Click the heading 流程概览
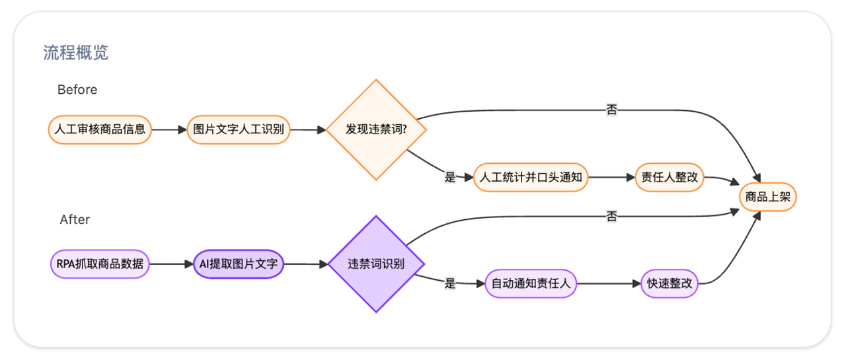click(76, 53)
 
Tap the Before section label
click(77, 90)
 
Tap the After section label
click(75, 219)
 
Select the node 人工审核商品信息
click(100, 129)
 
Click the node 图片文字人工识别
click(239, 129)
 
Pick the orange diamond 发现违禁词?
click(376, 129)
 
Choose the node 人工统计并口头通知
click(531, 178)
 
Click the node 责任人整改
click(670, 178)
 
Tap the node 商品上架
click(767, 197)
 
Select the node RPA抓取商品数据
click(100, 264)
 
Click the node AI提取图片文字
click(239, 264)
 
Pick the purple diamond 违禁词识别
click(376, 264)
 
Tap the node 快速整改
click(670, 284)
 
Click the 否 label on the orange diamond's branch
click(611, 110)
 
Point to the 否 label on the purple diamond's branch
click(611, 217)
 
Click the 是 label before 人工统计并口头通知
click(450, 177)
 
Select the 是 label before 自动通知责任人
click(450, 284)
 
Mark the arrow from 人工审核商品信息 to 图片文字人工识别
click(169, 129)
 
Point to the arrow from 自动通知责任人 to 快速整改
click(608, 284)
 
